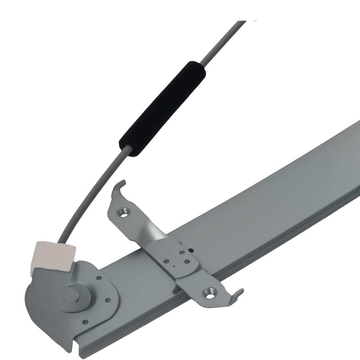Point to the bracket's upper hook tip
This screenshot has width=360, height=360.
click(x=123, y=183)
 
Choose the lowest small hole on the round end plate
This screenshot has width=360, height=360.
click(x=85, y=321)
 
